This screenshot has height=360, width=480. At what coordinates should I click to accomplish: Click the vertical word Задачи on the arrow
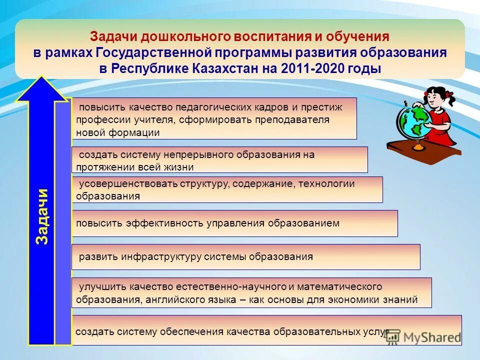pos(42,216)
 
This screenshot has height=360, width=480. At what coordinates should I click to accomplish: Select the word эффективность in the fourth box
pos(162,223)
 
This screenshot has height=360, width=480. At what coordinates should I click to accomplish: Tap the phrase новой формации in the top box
pos(118,133)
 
